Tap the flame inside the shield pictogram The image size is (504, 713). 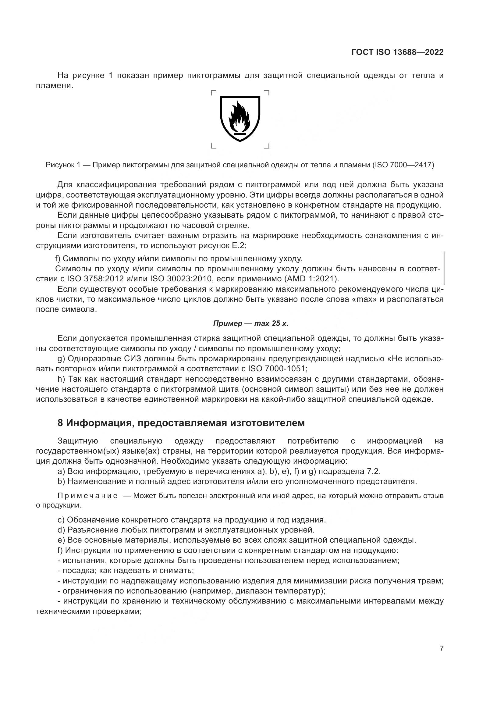click(240, 116)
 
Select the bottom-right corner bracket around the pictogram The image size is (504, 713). click(267, 146)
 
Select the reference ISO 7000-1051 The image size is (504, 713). click(277, 369)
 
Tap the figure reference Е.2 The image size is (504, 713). click(239, 246)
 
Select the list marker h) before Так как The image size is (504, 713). click(61, 379)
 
